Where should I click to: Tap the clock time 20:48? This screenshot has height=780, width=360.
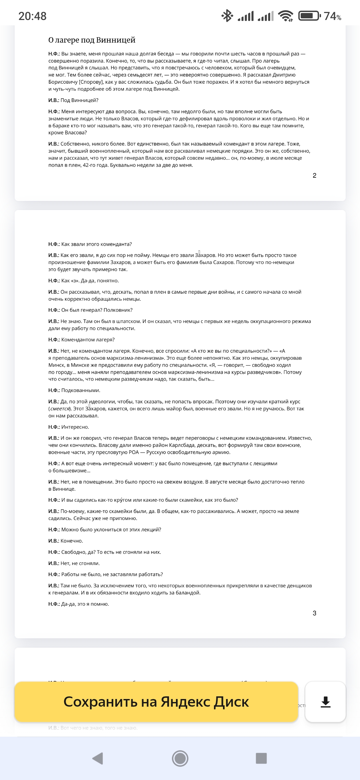(32, 16)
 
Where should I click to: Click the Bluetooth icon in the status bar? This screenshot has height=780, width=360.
(227, 16)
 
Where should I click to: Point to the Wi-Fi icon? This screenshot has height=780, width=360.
(286, 16)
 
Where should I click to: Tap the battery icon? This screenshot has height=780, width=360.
(309, 16)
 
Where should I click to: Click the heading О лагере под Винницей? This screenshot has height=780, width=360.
(92, 40)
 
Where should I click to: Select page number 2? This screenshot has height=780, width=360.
(314, 176)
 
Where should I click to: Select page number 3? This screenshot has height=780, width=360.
(314, 613)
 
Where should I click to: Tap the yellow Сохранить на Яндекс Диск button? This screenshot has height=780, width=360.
(156, 702)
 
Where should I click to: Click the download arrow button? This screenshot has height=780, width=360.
(325, 702)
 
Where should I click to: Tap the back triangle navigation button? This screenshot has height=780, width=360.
(98, 758)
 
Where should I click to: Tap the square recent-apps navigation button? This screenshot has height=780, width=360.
(261, 758)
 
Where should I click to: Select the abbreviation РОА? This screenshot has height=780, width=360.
(134, 452)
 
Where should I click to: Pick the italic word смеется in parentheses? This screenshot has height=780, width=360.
(60, 409)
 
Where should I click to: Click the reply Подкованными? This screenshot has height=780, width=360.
(81, 390)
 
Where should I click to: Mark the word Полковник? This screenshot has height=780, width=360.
(118, 310)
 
